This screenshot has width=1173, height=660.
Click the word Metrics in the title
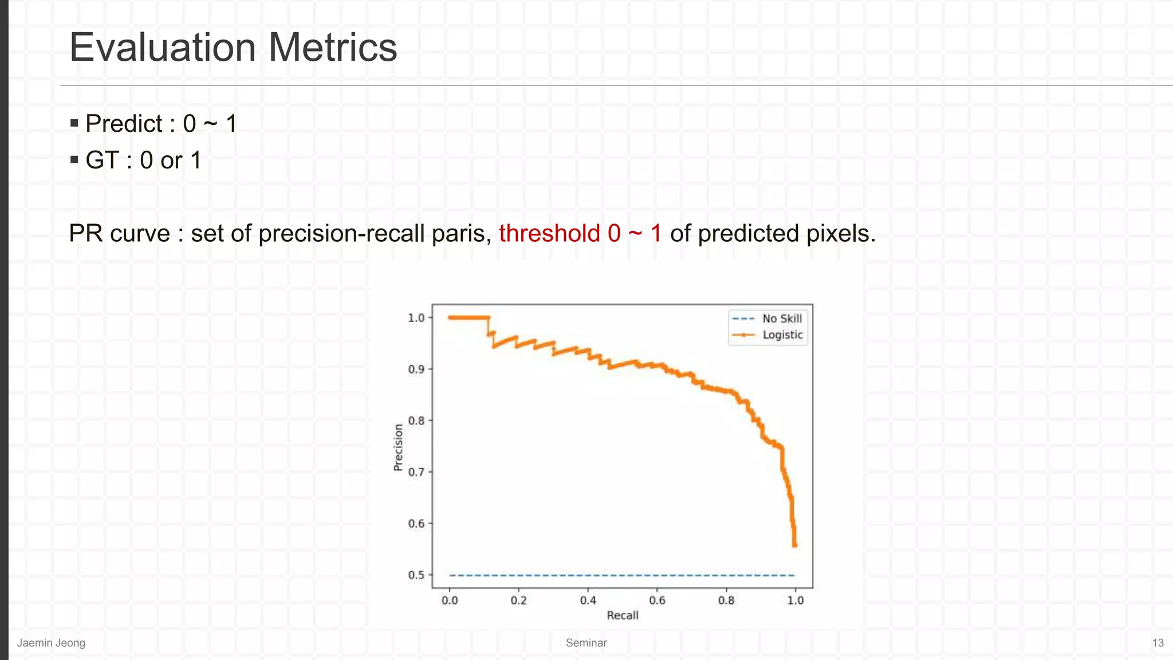click(x=332, y=48)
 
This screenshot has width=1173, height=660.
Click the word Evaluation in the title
click(x=162, y=48)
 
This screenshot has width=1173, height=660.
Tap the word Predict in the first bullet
click(x=124, y=124)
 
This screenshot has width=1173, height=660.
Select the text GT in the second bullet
click(x=102, y=160)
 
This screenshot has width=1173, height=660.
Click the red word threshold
click(x=549, y=234)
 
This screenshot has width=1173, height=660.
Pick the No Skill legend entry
click(x=782, y=319)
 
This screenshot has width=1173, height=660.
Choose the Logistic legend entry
click(x=782, y=335)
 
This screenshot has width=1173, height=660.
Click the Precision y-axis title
click(x=398, y=447)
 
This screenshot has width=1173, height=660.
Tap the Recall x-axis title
click(x=623, y=615)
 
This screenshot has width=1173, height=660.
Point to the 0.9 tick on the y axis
click(x=416, y=370)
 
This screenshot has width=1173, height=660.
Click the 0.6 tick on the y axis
click(x=416, y=524)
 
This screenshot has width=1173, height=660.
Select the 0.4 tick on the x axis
click(x=588, y=600)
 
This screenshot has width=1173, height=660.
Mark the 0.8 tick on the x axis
click(x=726, y=600)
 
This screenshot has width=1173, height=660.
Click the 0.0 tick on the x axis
click(x=450, y=600)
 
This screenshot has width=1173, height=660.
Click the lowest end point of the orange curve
click(x=795, y=545)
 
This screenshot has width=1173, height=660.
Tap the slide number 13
click(x=1158, y=643)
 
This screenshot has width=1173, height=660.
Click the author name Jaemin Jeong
click(x=51, y=643)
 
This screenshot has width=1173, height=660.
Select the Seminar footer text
click(x=586, y=643)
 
